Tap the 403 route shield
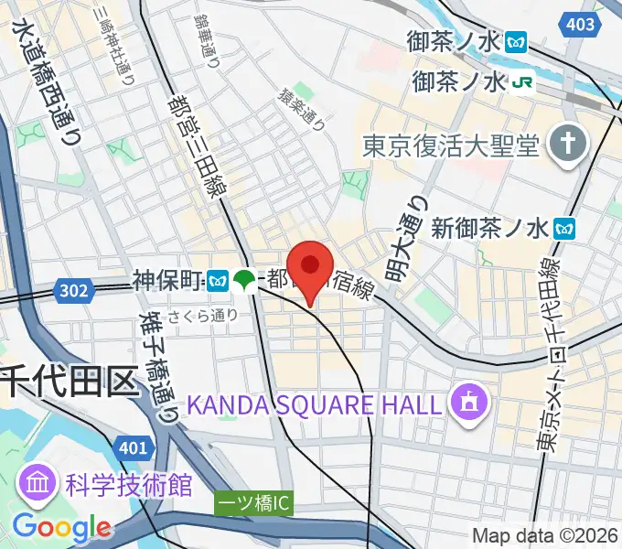click(x=580, y=25)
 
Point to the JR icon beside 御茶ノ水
click(x=522, y=82)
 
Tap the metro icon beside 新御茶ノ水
click(x=568, y=225)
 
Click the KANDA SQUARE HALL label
click(x=316, y=404)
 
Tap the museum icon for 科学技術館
click(x=37, y=485)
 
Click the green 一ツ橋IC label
click(x=254, y=503)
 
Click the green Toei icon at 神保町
click(x=244, y=280)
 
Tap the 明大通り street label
click(x=405, y=239)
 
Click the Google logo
click(x=62, y=528)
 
